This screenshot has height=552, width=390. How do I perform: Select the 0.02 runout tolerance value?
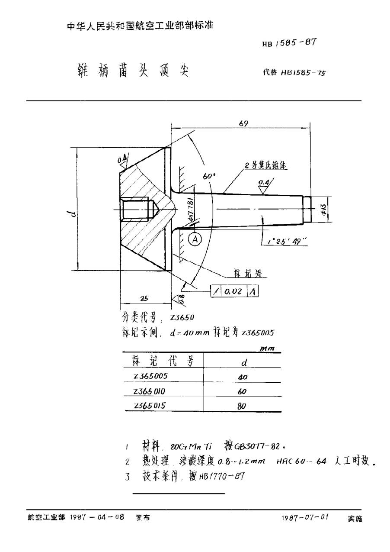pos(233,292)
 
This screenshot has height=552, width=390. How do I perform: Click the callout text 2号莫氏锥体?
pos(266,165)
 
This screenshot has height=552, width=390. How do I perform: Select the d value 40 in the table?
pos(242,377)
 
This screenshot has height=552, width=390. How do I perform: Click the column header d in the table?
pos(243,362)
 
